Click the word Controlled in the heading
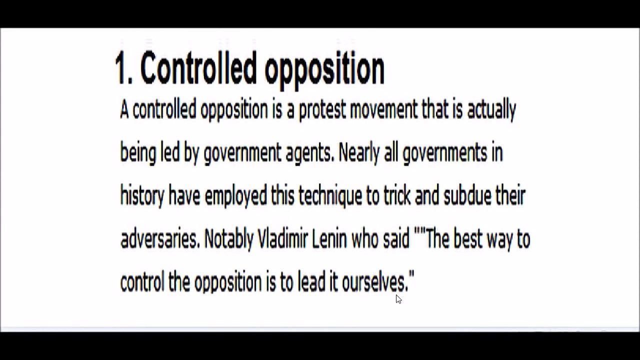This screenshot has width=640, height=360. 197,67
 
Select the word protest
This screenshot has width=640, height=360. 322,110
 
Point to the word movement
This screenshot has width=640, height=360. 383,109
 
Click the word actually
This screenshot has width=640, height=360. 491,110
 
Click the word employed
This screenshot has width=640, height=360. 235,196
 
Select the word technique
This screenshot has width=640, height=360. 330,196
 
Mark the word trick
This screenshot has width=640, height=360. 397,195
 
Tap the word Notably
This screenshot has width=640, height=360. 229,240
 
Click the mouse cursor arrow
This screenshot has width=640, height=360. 398,299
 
